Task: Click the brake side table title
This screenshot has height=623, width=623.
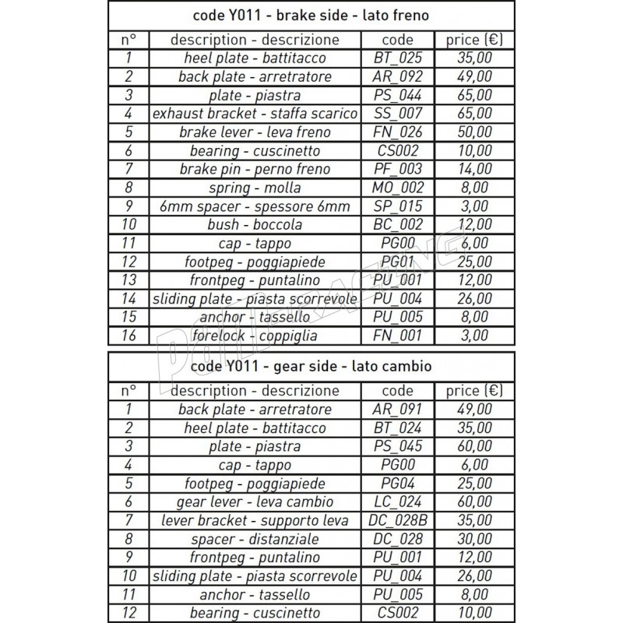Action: click(311, 15)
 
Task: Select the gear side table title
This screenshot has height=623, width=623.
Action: click(311, 366)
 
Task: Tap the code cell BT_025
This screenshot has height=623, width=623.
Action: click(399, 58)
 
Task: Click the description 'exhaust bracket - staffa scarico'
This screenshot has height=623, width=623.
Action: click(255, 114)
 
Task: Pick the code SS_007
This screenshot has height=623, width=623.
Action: click(399, 114)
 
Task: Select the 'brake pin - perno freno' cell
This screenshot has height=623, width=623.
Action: click(255, 169)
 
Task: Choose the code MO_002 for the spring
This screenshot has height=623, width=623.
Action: click(399, 188)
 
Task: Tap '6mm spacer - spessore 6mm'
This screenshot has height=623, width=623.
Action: click(255, 206)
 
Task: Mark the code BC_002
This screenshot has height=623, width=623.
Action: click(399, 225)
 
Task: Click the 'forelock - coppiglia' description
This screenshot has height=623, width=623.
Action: click(255, 336)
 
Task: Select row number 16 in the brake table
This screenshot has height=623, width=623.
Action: click(129, 336)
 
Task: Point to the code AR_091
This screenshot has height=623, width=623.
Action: click(399, 410)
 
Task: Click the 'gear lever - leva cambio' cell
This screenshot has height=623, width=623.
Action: click(255, 502)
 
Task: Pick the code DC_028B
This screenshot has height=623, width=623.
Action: click(399, 520)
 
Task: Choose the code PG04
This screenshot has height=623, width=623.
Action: click(399, 484)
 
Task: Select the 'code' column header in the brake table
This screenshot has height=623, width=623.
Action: click(399, 40)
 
